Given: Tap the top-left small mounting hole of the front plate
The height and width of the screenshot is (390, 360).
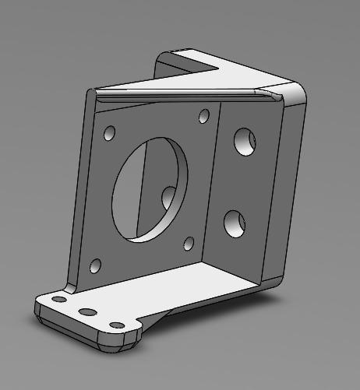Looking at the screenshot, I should (x=109, y=134).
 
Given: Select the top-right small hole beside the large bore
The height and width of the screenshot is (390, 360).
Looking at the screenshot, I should (x=204, y=117).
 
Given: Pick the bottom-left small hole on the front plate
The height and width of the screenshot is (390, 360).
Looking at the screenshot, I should (x=96, y=266).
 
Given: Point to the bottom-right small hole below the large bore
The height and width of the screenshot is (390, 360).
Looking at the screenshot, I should (x=188, y=244).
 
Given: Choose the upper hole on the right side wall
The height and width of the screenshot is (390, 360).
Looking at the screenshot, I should (x=245, y=141).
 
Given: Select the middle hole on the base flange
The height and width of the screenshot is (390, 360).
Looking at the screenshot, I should (x=88, y=311).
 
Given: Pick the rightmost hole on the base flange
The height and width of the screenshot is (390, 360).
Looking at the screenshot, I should (x=117, y=325).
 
